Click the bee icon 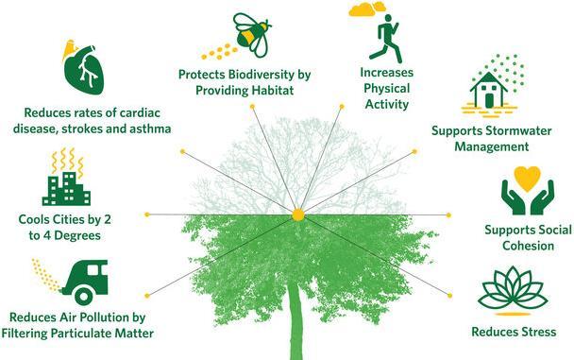click(253, 35)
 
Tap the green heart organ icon click(84, 70)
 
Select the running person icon click(386, 39)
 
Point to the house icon click(489, 90)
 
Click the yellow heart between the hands click(527, 179)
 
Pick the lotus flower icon click(513, 288)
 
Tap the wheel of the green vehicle click(84, 295)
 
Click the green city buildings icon click(66, 189)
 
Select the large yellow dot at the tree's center click(298, 215)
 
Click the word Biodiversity click(261, 75)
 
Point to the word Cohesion click(528, 246)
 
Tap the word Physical click(386, 89)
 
